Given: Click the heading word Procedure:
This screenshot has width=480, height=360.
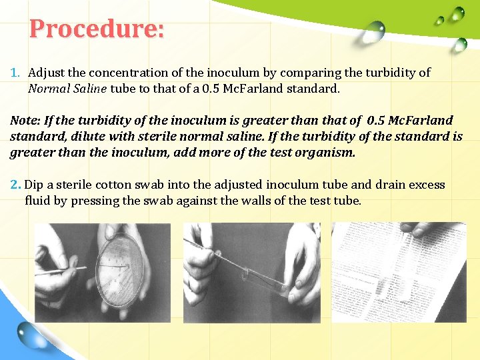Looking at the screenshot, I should point(97,29).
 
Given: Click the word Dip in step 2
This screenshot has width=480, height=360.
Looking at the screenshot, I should point(39,185).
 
